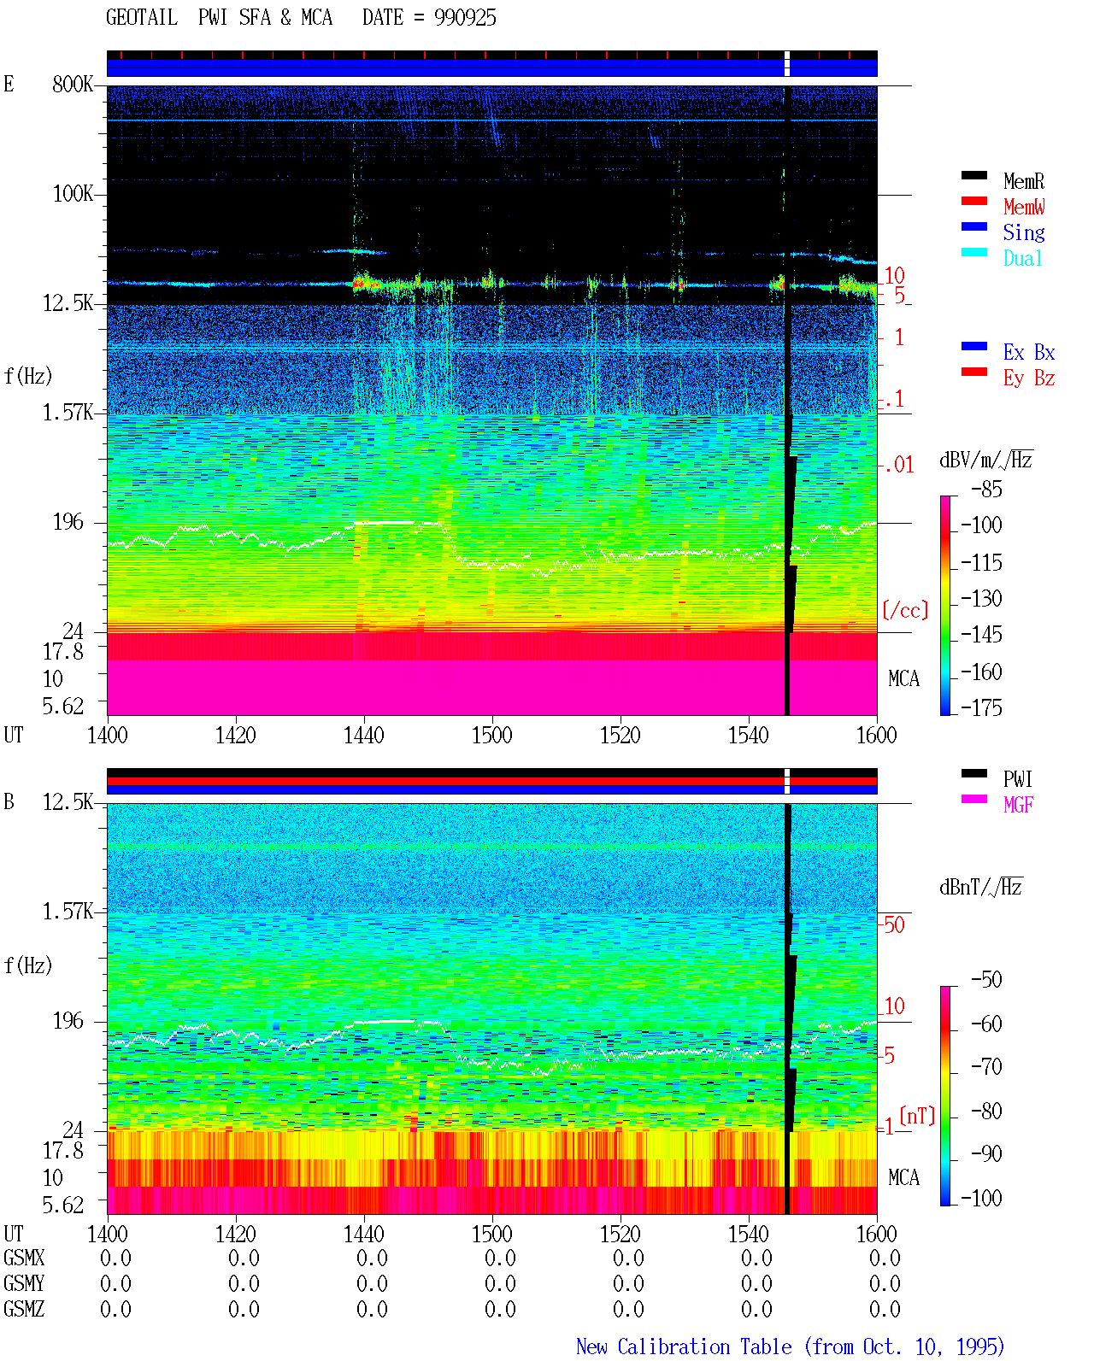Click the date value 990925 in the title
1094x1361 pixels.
pyautogui.click(x=465, y=18)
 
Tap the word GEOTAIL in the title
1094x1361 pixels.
pyautogui.click(x=142, y=18)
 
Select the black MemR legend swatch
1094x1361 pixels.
pyautogui.click(x=973, y=175)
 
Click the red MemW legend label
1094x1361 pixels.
pyautogui.click(x=1024, y=207)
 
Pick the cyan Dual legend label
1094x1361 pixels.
pyautogui.click(x=1022, y=258)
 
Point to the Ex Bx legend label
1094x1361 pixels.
pyautogui.click(x=1029, y=352)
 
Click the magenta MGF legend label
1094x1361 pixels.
pyautogui.click(x=1018, y=805)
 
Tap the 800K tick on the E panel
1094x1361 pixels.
pyautogui.click(x=73, y=84)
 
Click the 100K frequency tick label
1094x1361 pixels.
pyautogui.click(x=73, y=194)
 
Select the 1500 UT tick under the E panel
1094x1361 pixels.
pyautogui.click(x=491, y=735)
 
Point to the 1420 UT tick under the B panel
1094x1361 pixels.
pyautogui.click(x=235, y=1234)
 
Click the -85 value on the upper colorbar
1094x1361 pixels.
pyautogui.click(x=986, y=489)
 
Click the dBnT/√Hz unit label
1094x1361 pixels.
pyautogui.click(x=981, y=887)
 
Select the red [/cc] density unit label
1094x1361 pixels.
pyautogui.click(x=905, y=610)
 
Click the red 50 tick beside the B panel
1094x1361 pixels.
pyautogui.click(x=894, y=924)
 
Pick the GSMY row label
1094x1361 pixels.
pyautogui.click(x=24, y=1283)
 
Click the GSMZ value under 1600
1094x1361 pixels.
pyautogui.click(x=885, y=1309)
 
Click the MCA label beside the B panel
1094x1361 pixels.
pyautogui.click(x=903, y=1177)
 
